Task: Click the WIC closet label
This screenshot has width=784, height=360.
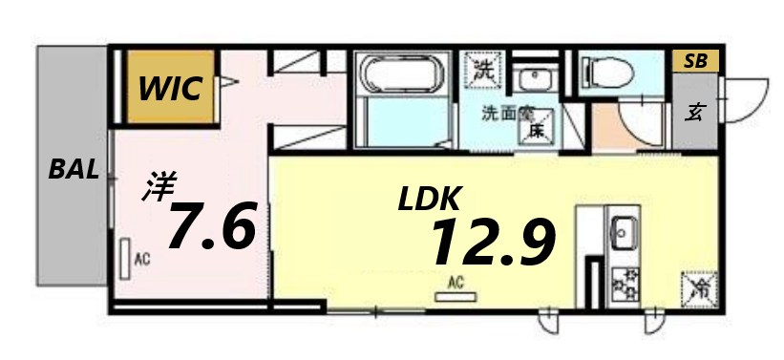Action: tap(171, 89)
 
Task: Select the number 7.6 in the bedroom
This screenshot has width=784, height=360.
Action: tap(212, 226)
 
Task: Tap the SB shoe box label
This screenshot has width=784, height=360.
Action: tap(695, 61)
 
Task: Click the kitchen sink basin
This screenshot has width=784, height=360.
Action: tap(625, 230)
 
